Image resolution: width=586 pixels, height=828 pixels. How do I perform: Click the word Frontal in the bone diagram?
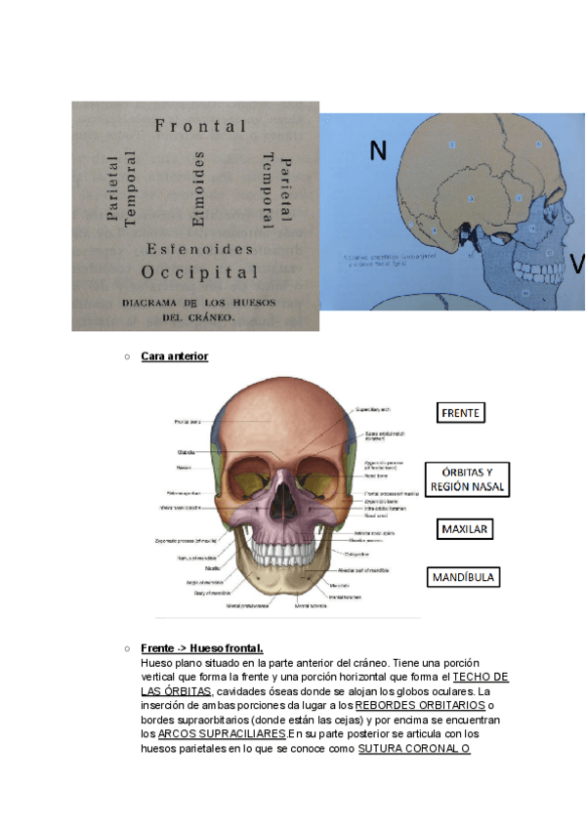pos(200,126)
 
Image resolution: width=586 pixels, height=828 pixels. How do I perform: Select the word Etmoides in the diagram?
pos(200,189)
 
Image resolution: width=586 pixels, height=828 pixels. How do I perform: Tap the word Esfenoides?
pos(200,249)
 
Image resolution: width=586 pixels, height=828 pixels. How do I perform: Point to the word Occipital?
pos(200,272)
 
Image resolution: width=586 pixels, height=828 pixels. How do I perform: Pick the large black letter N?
pos(378,149)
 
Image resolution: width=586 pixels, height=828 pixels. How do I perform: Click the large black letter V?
pos(576,264)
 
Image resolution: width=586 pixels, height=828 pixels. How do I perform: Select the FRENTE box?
pos(460,413)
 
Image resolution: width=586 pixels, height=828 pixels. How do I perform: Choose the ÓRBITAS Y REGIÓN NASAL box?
pos(468,479)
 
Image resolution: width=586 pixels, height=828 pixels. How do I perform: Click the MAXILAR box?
pos(464,530)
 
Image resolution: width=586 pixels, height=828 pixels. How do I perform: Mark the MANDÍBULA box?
pos(464,577)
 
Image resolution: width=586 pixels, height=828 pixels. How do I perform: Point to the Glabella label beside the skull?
pos(185,452)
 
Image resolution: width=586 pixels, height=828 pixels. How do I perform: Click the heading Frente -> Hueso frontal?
pos(202,648)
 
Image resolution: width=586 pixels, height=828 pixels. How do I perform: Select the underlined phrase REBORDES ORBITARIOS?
pos(420,705)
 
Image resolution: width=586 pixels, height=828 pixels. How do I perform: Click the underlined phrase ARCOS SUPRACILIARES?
pos(222,733)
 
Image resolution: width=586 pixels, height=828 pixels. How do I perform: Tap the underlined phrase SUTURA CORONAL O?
pos(415,749)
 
